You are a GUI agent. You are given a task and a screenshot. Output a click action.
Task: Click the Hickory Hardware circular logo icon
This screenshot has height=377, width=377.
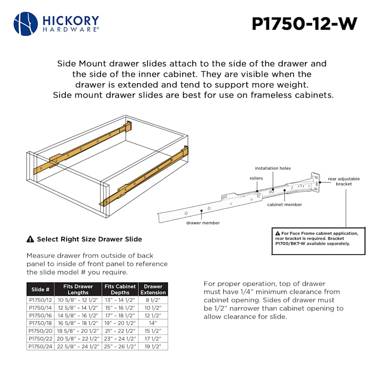[x=26, y=23]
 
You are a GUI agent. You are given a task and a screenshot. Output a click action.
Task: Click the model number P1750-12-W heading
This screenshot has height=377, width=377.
[x=304, y=24]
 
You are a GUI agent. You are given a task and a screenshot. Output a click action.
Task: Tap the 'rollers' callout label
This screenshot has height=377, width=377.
[x=256, y=178]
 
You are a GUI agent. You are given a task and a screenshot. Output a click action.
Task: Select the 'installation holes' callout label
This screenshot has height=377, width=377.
[x=273, y=168]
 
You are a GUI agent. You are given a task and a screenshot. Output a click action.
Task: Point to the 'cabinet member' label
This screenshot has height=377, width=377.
[x=284, y=205]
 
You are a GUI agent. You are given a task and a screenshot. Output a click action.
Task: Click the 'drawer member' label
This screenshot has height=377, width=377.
[x=203, y=223]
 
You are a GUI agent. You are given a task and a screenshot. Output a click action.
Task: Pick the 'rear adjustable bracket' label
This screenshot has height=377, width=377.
[x=343, y=181]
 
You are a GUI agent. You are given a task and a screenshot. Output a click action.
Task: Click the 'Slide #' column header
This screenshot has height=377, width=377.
[x=40, y=289]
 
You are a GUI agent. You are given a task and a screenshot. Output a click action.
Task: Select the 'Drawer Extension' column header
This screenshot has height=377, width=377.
[x=153, y=289]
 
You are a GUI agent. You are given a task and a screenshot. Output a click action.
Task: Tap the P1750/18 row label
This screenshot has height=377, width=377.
[x=40, y=323]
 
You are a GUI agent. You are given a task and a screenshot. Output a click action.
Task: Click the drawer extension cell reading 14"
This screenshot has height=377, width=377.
[x=153, y=323]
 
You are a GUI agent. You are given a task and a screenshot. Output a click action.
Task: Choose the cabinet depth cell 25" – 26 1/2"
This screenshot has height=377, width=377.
[x=120, y=346]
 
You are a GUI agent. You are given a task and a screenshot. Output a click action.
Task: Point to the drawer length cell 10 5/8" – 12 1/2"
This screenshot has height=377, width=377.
[x=78, y=300]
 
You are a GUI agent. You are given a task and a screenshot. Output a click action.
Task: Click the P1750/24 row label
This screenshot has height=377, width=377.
[x=40, y=346]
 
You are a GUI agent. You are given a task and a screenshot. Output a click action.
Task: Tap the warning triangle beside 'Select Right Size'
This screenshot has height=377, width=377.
[x=30, y=240]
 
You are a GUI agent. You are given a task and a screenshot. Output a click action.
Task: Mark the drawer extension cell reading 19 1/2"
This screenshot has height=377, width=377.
[x=153, y=346]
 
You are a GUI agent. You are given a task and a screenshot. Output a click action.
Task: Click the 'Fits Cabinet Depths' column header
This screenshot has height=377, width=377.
[x=120, y=289]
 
